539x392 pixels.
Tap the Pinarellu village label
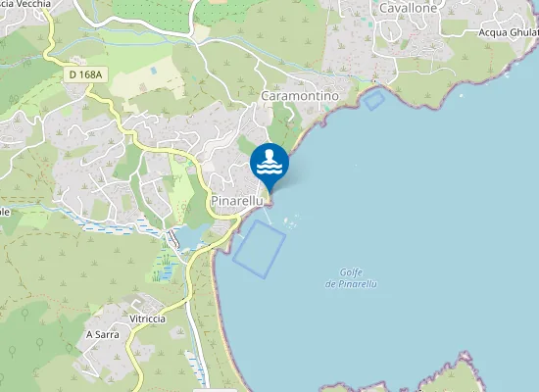[x=237, y=200]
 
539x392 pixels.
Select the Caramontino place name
[x=300, y=96]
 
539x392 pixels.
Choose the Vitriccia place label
[x=146, y=319]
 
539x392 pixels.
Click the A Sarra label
[x=102, y=334]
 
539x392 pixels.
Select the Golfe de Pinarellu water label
[x=351, y=278]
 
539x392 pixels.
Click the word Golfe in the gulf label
[x=351, y=272]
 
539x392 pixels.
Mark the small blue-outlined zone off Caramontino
[x=373, y=99]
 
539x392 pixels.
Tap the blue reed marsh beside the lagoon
[x=168, y=265]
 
